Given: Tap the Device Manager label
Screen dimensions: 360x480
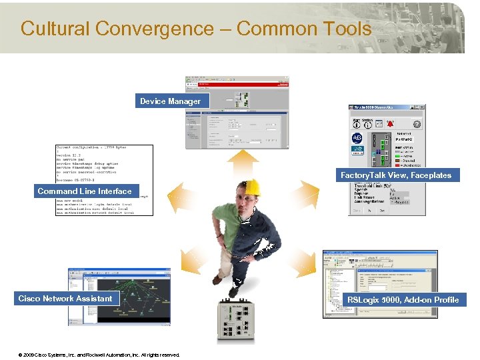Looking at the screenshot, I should click(170, 101).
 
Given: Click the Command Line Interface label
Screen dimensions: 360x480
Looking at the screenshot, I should click(85, 191).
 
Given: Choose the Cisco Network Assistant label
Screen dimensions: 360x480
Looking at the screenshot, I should click(65, 299).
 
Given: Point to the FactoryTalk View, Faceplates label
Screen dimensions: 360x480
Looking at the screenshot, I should click(396, 175).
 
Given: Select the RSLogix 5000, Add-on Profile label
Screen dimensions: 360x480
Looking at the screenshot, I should click(403, 300).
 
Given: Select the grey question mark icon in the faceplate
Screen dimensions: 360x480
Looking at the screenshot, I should click(417, 124).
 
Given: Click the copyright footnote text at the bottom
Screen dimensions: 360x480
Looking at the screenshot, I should click(99, 355).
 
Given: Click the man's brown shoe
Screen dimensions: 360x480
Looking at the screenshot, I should click(233, 291).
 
